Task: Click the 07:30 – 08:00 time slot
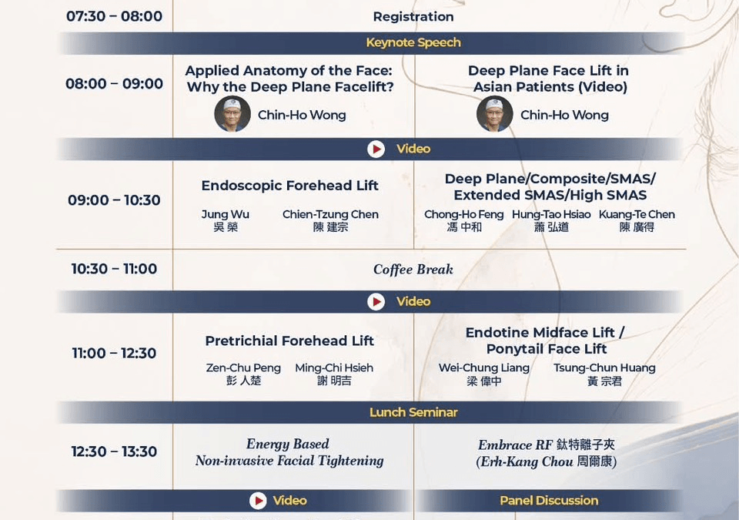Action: click(x=114, y=16)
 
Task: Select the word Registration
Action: click(x=413, y=17)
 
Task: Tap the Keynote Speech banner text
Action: click(x=413, y=42)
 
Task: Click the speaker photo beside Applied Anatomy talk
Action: click(x=232, y=114)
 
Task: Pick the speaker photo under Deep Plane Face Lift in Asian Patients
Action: click(x=494, y=114)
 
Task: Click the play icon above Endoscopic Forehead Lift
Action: click(x=376, y=149)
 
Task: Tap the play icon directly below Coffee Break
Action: click(x=376, y=302)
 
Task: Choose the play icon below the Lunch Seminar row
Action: click(x=258, y=501)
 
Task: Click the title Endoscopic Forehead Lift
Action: click(x=290, y=186)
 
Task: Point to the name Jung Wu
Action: click(x=226, y=215)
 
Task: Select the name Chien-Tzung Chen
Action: click(x=330, y=215)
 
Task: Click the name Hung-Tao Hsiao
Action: click(x=551, y=215)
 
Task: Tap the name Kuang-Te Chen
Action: click(x=637, y=215)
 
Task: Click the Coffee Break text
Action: click(x=413, y=270)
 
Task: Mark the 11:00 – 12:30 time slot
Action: click(x=114, y=354)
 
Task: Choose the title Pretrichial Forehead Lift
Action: click(x=289, y=341)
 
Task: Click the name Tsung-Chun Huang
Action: click(x=604, y=368)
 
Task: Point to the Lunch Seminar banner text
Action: click(x=413, y=412)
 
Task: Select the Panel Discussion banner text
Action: click(x=549, y=501)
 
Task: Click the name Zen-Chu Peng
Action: click(x=243, y=368)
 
